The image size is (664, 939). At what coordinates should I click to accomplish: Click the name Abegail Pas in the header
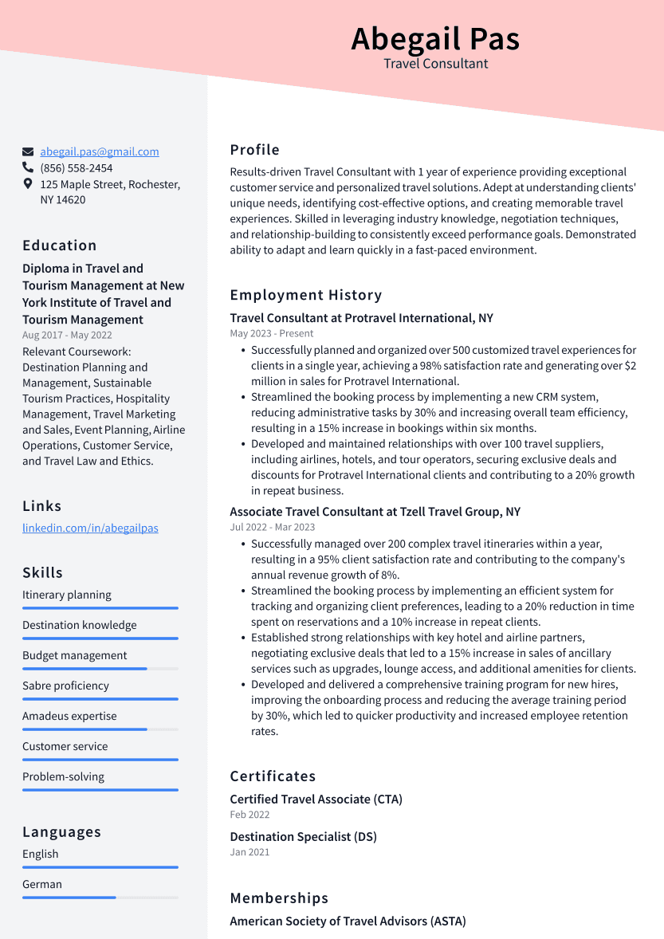click(x=435, y=39)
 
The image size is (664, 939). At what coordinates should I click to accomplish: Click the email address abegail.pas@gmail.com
click(x=100, y=151)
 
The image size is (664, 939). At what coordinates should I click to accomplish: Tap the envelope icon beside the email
click(x=28, y=151)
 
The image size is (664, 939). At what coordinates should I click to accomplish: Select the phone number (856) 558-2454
click(x=77, y=168)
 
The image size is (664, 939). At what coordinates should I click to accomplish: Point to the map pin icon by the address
click(x=28, y=184)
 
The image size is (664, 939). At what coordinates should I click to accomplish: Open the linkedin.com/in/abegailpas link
click(x=90, y=528)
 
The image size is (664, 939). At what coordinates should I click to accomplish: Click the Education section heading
click(x=60, y=246)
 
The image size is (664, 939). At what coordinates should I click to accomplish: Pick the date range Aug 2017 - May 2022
click(x=67, y=336)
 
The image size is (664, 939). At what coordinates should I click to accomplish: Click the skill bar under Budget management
click(x=100, y=669)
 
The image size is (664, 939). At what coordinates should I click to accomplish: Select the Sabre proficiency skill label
click(x=65, y=686)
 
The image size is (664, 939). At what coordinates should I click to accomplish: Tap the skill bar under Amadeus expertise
click(x=100, y=729)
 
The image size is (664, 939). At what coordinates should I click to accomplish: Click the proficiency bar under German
click(x=100, y=898)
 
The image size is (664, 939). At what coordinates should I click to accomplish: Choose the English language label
click(x=41, y=854)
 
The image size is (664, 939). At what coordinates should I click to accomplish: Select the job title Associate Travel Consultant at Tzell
click(x=375, y=512)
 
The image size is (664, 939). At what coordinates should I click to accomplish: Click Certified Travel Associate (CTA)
click(x=316, y=799)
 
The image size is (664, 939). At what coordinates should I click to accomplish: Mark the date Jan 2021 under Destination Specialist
click(x=249, y=852)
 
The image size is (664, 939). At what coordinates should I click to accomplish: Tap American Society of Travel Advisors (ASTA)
click(x=348, y=921)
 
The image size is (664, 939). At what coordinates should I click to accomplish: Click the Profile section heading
click(x=255, y=150)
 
